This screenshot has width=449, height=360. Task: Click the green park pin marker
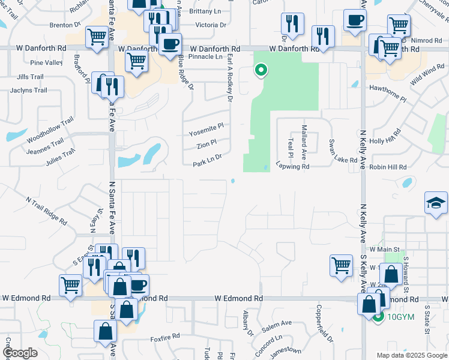(261, 71)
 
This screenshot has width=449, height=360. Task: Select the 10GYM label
(402, 318)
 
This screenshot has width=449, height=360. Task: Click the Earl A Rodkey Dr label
(230, 76)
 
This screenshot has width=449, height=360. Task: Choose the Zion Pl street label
(206, 146)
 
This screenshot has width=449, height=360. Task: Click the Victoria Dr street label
(211, 25)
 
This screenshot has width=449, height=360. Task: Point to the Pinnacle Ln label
(205, 56)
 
